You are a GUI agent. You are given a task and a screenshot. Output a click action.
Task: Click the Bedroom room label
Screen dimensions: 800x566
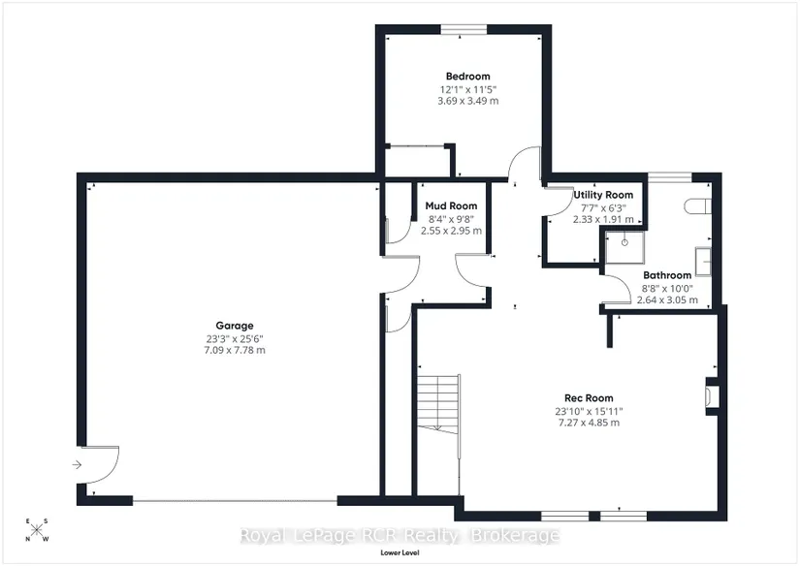(x=467, y=77)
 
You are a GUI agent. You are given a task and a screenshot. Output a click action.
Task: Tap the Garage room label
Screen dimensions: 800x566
(x=235, y=326)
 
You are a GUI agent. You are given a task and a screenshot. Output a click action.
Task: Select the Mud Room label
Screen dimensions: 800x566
(x=451, y=206)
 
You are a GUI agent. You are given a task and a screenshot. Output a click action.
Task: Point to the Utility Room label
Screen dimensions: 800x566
(x=603, y=195)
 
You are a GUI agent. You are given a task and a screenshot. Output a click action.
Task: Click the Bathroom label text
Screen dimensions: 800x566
(x=667, y=275)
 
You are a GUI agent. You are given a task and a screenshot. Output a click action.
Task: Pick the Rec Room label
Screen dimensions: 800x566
(x=589, y=398)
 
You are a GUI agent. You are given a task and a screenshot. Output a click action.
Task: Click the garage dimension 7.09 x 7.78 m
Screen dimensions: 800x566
(x=235, y=350)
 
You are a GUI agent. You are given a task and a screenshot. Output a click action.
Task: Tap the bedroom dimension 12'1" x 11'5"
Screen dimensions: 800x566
(x=467, y=90)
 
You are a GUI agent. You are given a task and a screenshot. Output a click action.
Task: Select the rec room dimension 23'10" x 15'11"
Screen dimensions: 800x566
(x=589, y=412)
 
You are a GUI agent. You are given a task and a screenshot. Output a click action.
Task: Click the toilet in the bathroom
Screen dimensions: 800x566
(x=697, y=206)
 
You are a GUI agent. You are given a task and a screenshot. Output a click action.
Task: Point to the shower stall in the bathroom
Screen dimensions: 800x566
(x=624, y=248)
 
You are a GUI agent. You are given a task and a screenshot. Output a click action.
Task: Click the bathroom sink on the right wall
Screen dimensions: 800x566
(x=704, y=262)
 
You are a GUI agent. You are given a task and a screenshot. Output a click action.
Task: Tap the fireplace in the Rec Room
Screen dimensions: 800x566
(x=713, y=396)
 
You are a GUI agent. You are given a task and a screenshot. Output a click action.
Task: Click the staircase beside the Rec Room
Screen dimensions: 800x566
(x=438, y=404)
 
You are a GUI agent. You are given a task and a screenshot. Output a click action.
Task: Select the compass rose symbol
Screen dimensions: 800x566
(x=37, y=530)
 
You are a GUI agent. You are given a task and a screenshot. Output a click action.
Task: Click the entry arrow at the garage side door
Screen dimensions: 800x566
(x=77, y=464)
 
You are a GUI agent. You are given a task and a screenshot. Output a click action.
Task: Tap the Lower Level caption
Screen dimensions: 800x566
(x=400, y=552)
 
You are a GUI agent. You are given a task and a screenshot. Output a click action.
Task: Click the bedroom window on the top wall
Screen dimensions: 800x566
(x=464, y=30)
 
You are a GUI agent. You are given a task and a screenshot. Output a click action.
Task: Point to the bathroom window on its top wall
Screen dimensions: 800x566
(x=670, y=177)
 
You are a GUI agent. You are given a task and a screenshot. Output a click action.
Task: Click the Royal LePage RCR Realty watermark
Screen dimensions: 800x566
(x=400, y=536)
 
